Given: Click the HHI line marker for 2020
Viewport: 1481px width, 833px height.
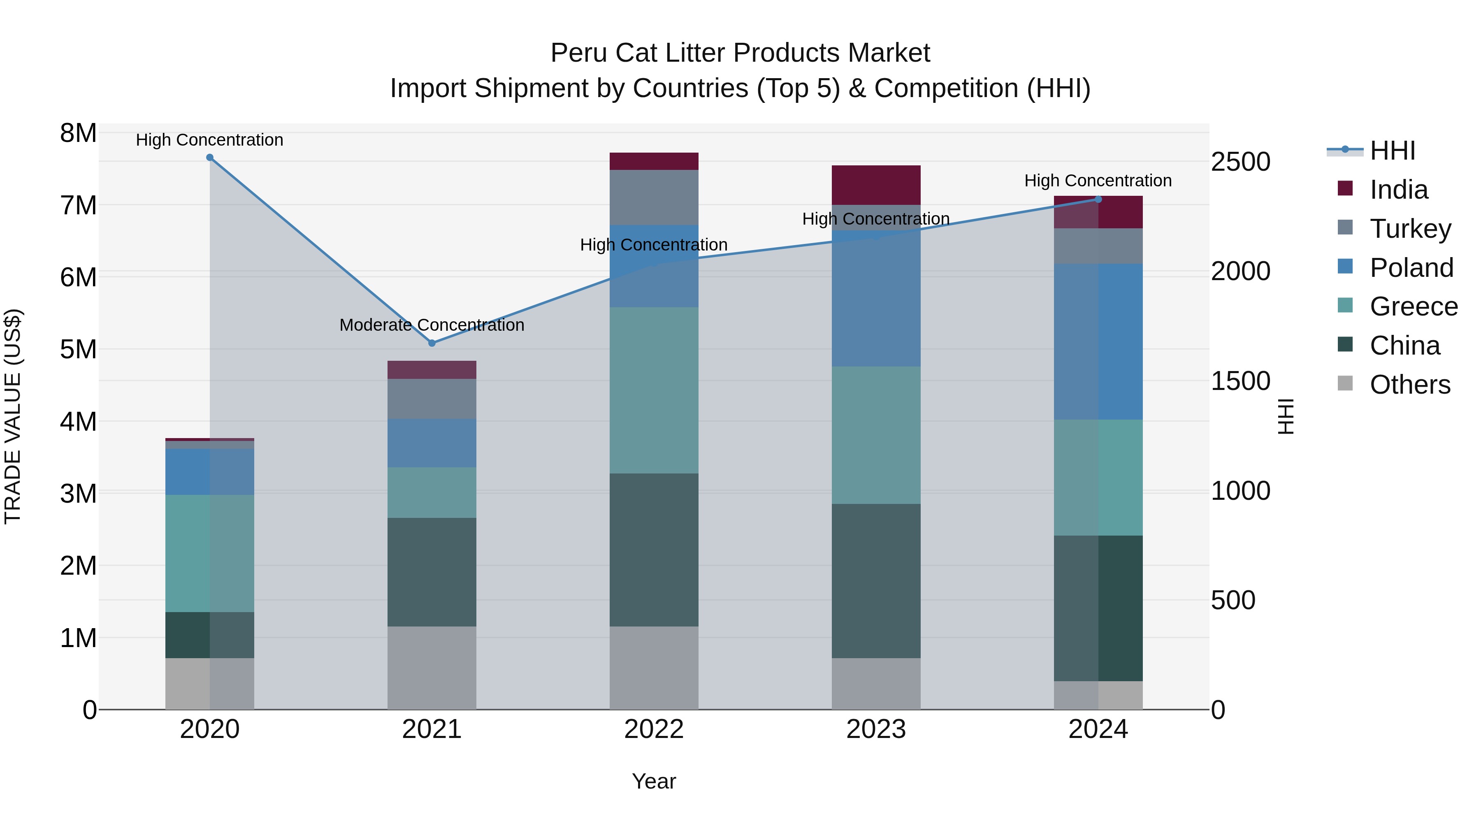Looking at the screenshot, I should pos(210,158).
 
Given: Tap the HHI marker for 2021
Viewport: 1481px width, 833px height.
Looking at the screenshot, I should pos(432,343).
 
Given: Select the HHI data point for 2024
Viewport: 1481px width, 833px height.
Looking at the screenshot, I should pos(1098,200).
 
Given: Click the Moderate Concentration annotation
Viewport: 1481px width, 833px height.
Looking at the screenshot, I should pos(432,325).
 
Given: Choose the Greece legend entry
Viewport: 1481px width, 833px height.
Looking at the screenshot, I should pos(1413,306).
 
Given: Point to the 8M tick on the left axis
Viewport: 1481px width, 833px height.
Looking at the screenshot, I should pos(78,133).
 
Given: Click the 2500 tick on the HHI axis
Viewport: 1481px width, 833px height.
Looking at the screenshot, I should pos(1240,162).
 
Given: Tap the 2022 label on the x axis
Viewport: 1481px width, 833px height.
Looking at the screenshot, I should pos(654,729).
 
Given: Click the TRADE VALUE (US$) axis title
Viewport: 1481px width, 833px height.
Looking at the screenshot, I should pos(13,416).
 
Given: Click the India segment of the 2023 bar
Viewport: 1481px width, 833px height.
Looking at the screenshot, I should pos(875,185).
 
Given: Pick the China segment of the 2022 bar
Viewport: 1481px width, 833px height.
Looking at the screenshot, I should pos(654,550).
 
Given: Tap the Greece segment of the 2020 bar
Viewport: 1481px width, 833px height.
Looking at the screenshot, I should pos(210,553).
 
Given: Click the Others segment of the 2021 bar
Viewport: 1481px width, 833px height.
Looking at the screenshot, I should pos(432,668).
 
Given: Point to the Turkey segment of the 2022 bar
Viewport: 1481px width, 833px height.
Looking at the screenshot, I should pos(654,197).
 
